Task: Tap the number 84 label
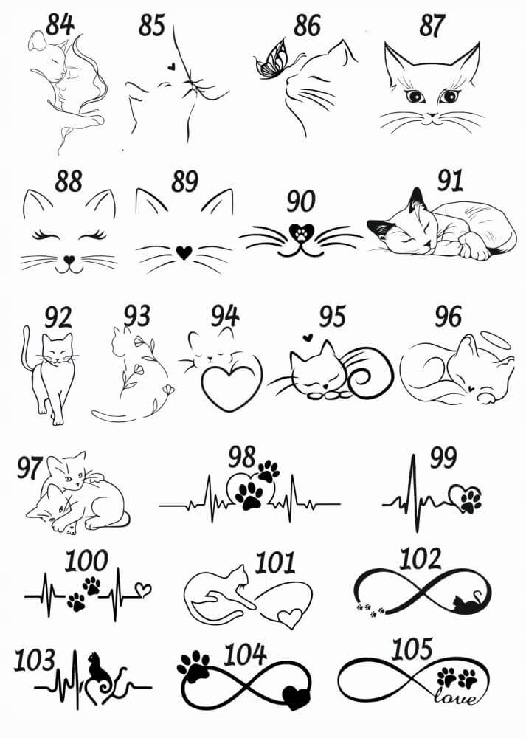click(60, 24)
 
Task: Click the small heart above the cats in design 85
click(172, 67)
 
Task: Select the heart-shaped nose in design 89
click(184, 252)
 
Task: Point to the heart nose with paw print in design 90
click(301, 232)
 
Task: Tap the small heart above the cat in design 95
click(308, 337)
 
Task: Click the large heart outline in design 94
click(232, 384)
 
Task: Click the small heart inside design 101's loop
click(290, 618)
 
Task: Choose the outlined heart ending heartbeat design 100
click(144, 588)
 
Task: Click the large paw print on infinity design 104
click(194, 666)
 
